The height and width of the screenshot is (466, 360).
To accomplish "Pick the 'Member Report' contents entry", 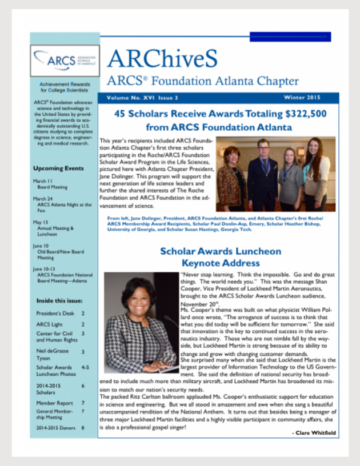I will click(x=54, y=403).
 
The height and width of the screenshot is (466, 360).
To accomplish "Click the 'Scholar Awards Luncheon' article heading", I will click(x=221, y=251).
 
